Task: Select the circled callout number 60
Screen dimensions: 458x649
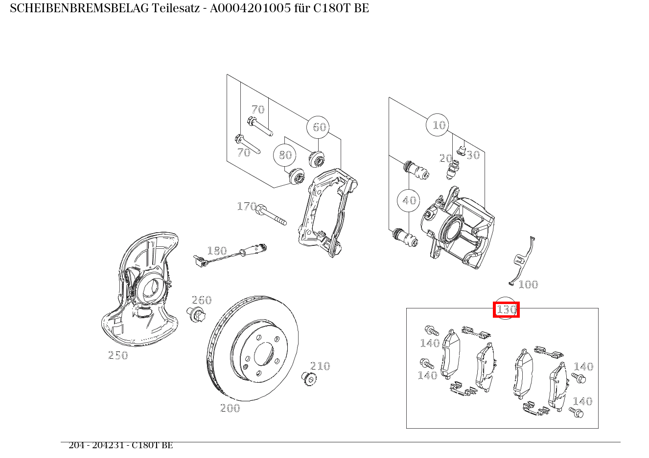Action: click(318, 127)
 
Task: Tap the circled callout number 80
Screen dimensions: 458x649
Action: click(285, 155)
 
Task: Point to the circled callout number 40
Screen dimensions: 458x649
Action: click(409, 200)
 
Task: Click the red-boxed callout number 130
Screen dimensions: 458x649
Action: click(506, 309)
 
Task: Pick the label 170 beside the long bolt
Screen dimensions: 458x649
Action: click(246, 206)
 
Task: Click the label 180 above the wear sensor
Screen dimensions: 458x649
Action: click(217, 251)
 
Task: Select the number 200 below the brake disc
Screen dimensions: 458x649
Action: click(230, 408)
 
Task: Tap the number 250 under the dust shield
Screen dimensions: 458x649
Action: click(118, 355)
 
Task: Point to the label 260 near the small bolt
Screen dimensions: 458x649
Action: click(201, 300)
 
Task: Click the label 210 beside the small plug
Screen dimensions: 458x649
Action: click(320, 366)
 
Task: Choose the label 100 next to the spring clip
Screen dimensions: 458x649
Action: click(528, 284)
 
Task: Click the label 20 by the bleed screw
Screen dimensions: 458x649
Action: click(445, 158)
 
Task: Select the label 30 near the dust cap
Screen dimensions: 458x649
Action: click(473, 155)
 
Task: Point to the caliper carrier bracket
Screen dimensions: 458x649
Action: click(325, 210)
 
